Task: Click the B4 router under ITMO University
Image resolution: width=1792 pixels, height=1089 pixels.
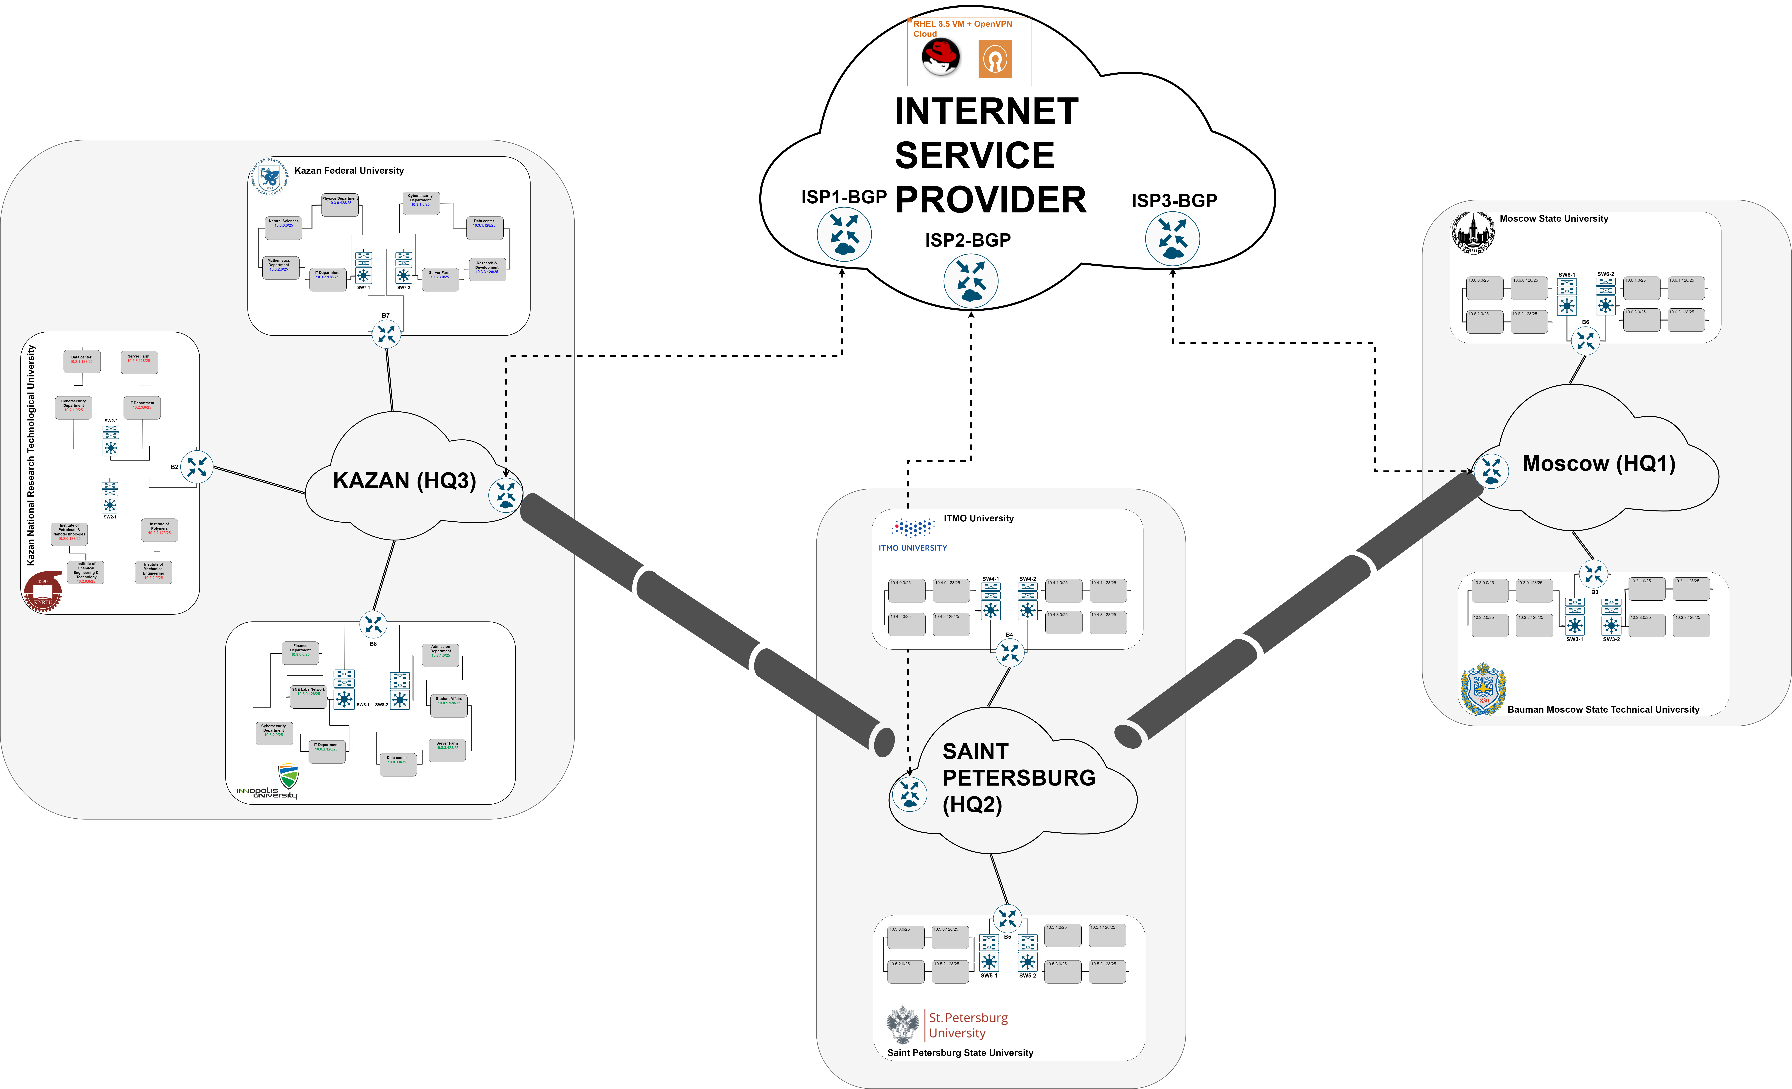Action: pos(1009,653)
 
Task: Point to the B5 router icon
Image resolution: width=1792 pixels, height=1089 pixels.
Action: pos(1007,919)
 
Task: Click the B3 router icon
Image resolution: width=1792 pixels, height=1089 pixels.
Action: pos(1593,574)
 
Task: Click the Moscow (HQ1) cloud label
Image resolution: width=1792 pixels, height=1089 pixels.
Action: pos(1598,464)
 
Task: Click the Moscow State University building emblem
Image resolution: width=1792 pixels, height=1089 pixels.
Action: pos(1473,233)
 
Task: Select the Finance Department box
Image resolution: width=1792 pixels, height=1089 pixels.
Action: pos(300,652)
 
